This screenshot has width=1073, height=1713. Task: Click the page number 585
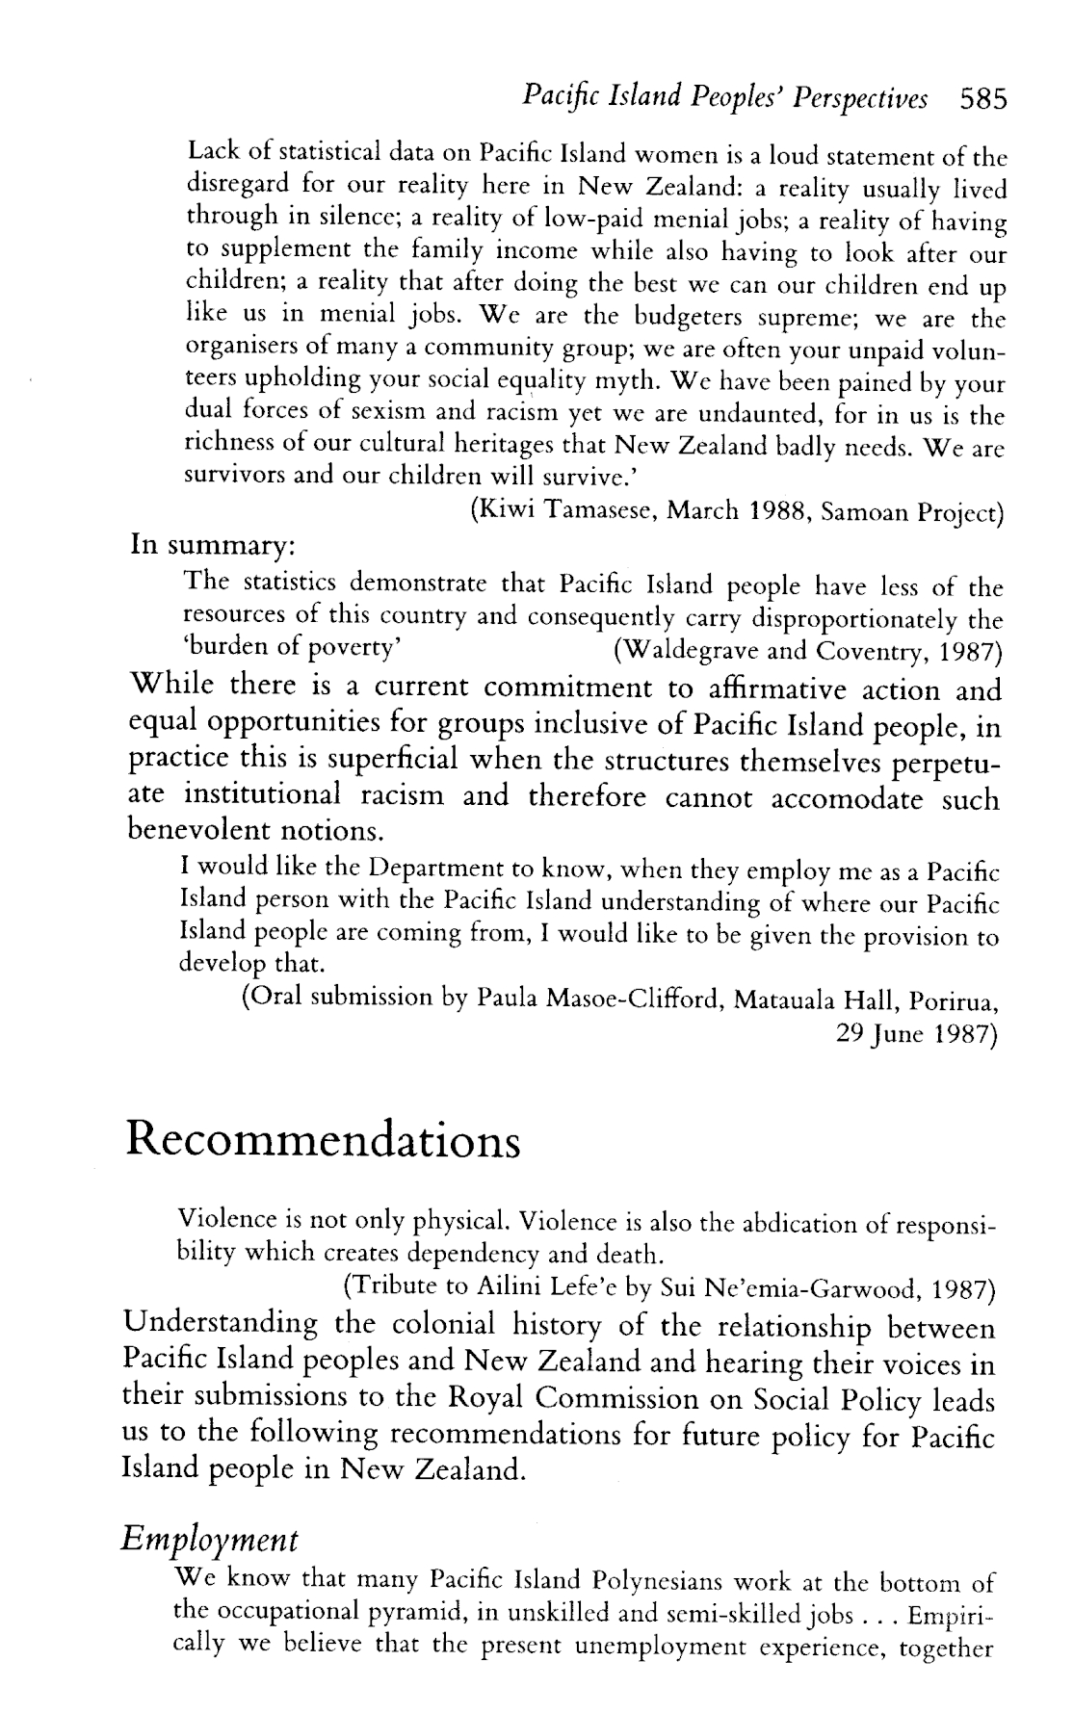coord(981,97)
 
